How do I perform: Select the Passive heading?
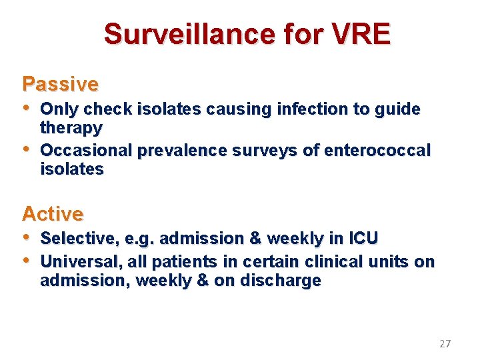60,85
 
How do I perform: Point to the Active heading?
53,214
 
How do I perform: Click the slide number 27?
445,344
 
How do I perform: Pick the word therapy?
71,127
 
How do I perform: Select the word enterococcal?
377,151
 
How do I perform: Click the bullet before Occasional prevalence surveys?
27,150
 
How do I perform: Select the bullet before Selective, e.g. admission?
27,237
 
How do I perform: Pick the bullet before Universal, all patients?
27,261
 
